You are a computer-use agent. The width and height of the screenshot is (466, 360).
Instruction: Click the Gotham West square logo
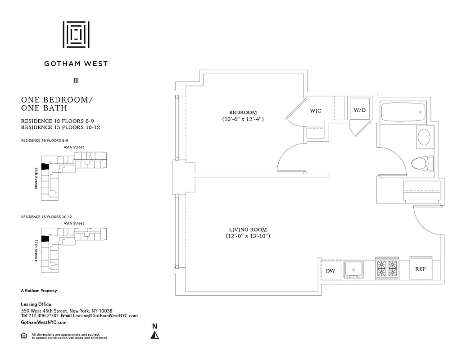(x=76, y=34)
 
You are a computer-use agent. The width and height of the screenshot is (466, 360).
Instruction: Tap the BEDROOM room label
(x=243, y=112)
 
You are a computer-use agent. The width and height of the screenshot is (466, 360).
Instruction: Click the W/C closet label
(x=316, y=111)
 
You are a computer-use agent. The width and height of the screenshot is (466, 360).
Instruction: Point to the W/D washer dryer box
(x=359, y=110)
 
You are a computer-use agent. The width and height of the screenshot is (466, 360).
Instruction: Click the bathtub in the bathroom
(x=403, y=111)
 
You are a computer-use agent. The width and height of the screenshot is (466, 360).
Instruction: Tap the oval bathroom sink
(x=424, y=137)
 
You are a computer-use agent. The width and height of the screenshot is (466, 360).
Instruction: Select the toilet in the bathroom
(x=422, y=162)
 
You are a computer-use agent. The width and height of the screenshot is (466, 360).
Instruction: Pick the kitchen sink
(x=354, y=270)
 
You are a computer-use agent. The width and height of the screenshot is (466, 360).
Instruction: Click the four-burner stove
(x=387, y=269)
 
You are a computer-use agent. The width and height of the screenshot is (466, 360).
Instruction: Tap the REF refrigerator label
(x=421, y=269)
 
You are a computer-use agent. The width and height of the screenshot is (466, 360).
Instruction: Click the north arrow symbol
(x=154, y=334)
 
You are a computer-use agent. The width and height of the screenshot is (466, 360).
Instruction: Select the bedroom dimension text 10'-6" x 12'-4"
(x=243, y=120)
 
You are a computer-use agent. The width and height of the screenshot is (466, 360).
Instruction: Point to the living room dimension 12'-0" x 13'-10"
(x=248, y=236)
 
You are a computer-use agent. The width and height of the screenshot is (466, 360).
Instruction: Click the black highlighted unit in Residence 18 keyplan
(x=45, y=166)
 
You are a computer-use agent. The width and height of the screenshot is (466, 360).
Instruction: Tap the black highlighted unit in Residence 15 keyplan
(x=45, y=238)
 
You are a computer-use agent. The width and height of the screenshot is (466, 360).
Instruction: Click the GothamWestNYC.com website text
(x=44, y=323)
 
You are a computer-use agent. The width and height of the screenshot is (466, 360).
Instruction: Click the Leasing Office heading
(x=36, y=305)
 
